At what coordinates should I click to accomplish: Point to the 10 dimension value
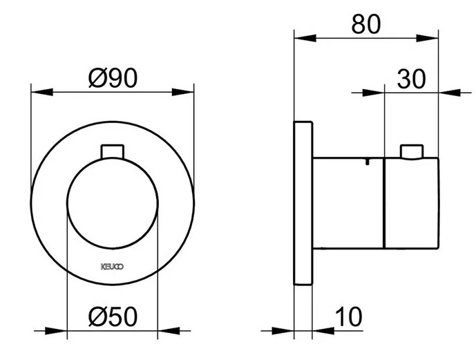pos(349,317)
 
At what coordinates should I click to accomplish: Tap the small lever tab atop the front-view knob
pos(112,151)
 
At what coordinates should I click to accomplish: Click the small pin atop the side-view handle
pos(411,151)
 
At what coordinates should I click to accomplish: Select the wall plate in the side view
pos(303,202)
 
